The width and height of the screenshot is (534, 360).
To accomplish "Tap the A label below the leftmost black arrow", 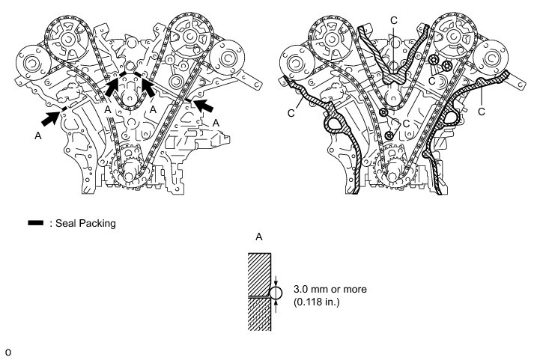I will (x=37, y=136).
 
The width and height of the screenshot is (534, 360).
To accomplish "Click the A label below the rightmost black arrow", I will (x=216, y=121).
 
